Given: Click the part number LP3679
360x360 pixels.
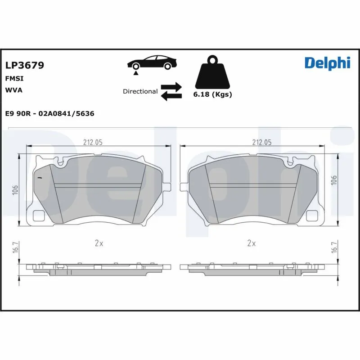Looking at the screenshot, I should [24, 66].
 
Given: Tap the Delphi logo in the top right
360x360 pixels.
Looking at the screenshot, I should [327, 63].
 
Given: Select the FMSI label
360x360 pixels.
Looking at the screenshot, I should [14, 78].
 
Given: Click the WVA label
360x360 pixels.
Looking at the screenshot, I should [13, 90].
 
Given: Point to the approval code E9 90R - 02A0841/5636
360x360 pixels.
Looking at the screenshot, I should [49, 114].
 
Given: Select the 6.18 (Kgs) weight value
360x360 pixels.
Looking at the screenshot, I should [212, 95].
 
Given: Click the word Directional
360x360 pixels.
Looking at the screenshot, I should [140, 91].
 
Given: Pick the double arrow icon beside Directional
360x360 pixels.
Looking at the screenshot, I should [171, 91].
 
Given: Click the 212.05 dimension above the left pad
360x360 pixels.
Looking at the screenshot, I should [93, 142].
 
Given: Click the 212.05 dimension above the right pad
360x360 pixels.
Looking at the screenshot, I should [261, 142].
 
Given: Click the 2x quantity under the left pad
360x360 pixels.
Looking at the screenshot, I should [99, 243].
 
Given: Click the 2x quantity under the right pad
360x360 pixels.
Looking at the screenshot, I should [251, 243].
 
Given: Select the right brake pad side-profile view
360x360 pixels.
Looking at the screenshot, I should [252, 268].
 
